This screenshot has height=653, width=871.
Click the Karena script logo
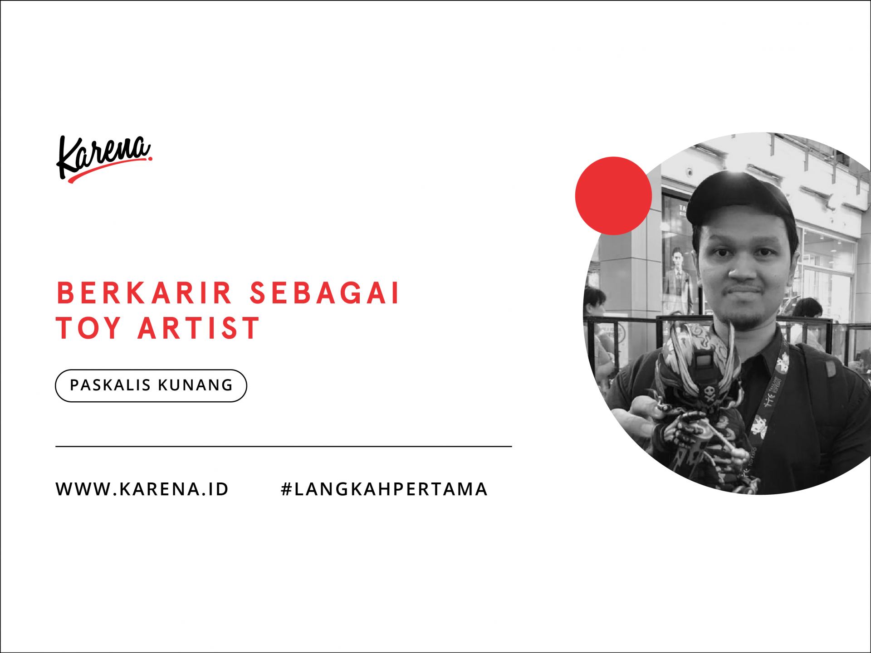pos(104,159)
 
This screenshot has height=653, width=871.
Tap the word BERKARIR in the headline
pos(144,293)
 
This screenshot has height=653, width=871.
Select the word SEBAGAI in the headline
pos(324,293)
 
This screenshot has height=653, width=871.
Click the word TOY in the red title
pos(89,328)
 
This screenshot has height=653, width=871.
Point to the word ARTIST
pos(199,328)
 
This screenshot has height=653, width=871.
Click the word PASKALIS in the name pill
pos(110,385)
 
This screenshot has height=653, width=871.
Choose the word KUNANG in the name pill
pos(196,385)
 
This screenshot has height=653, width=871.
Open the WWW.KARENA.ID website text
pos(142,489)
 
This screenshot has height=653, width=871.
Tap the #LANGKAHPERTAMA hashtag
pos(384,489)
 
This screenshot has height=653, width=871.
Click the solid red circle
pos(613,196)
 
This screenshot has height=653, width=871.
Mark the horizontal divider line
pos(284,447)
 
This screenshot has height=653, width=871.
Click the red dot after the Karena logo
pos(150,158)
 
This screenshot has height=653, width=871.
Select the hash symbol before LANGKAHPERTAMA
pos(286,489)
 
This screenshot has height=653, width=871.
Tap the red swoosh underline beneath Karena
pos(109,169)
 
